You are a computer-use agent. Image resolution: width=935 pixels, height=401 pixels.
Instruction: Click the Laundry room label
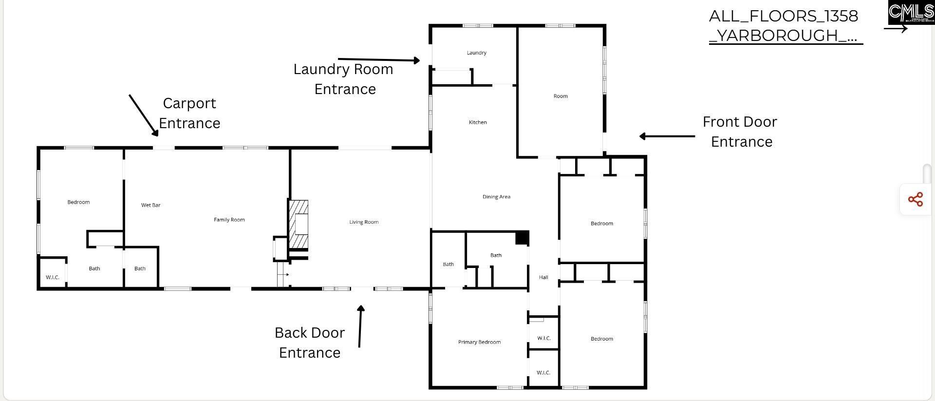(476, 53)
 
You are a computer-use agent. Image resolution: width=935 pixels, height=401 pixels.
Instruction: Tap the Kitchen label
(478, 122)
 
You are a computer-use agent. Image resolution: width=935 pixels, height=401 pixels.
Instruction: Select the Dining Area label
(496, 197)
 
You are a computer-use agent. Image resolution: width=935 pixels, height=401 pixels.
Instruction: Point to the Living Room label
(364, 222)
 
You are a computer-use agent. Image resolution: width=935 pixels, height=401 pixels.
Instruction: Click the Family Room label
(229, 220)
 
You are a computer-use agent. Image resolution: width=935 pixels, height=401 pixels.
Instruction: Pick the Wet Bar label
(150, 205)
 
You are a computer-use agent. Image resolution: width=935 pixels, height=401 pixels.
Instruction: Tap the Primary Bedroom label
(479, 342)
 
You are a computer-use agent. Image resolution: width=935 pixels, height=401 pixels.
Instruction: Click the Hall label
(543, 277)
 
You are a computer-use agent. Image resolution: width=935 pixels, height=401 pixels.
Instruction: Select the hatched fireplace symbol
(298, 225)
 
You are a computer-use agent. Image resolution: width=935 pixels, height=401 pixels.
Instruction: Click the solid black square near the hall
(522, 238)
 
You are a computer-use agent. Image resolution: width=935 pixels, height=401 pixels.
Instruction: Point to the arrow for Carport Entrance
(143, 115)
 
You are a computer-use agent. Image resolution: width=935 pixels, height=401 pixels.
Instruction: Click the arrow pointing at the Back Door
(360, 326)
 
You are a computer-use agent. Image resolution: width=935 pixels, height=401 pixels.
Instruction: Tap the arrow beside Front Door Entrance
(667, 136)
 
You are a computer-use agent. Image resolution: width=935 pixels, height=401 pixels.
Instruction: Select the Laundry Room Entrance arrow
(378, 59)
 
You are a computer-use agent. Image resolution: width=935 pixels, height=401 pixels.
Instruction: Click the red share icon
(915, 199)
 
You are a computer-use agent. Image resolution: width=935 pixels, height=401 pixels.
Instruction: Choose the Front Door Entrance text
(740, 132)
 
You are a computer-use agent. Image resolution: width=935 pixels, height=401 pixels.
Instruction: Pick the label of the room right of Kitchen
(561, 96)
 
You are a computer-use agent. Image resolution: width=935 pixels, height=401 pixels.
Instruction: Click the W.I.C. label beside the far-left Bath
(53, 277)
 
